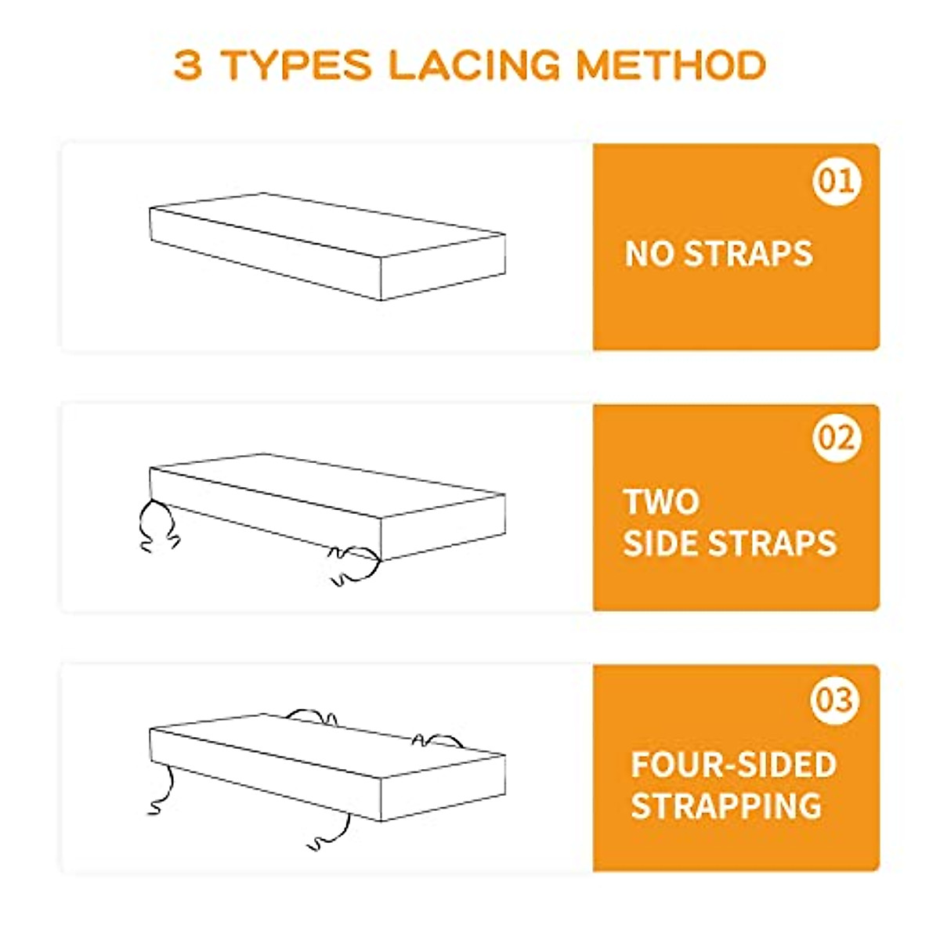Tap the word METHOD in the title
pos(671,66)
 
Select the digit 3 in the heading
pos(188,66)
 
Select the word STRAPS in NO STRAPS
pos(748,254)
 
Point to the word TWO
pos(661,502)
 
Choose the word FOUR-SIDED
pos(733,765)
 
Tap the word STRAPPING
pos(726,805)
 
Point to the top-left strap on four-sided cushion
pos(311,715)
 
